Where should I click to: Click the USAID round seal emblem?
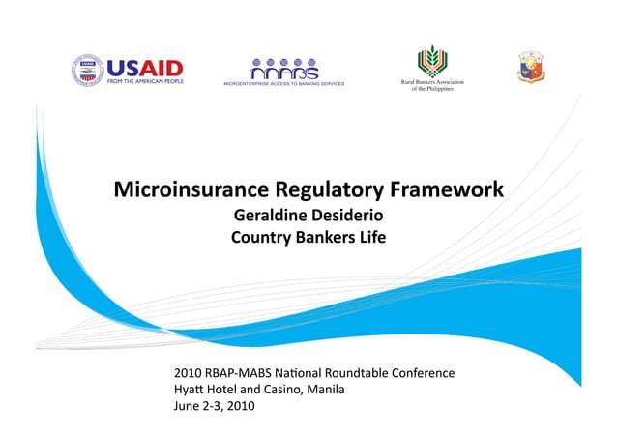[x=89, y=70]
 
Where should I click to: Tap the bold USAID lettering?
[x=144, y=68]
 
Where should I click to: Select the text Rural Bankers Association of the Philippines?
[x=432, y=85]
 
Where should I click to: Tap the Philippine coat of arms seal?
[x=533, y=66]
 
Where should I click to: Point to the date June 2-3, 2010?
[x=213, y=406]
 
